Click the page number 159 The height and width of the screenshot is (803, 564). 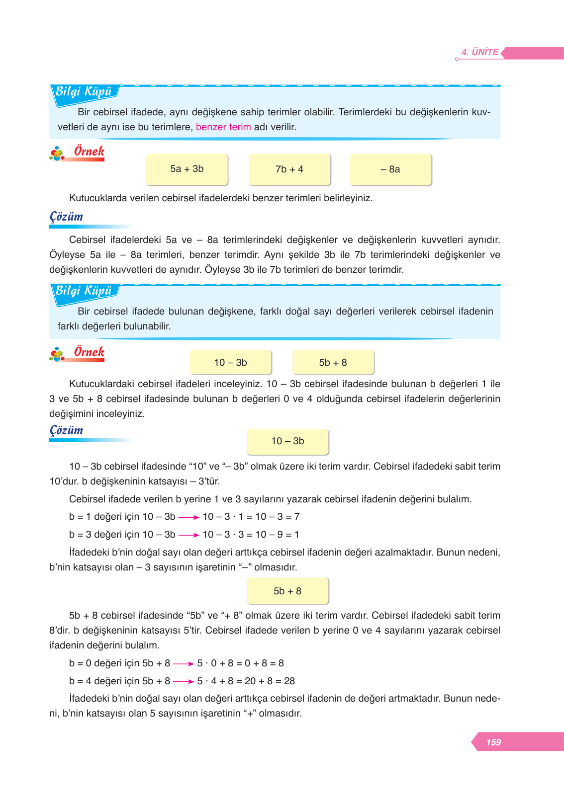(493, 742)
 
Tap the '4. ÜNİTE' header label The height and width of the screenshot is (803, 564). (479, 52)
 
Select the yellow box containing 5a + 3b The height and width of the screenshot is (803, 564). (187, 169)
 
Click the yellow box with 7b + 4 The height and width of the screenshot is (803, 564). (289, 169)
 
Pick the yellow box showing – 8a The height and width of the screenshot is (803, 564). (390, 169)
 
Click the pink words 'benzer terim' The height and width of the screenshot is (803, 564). (223, 127)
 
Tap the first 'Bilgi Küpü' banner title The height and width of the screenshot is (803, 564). (84, 92)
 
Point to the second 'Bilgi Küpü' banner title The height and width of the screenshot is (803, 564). (84, 291)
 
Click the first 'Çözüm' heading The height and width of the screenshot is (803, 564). (66, 217)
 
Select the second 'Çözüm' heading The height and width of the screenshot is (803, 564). (66, 430)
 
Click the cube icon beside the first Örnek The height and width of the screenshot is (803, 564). (57, 154)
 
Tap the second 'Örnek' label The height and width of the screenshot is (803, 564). (89, 352)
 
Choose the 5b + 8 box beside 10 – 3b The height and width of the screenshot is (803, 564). (333, 362)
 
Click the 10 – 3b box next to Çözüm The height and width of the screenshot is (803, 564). (287, 441)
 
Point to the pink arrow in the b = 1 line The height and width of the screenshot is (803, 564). (188, 517)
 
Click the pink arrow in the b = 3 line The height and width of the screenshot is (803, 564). (188, 535)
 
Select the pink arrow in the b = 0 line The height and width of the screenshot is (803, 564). (183, 664)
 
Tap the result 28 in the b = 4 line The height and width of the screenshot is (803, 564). (289, 681)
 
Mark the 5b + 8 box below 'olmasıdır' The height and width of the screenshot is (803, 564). (287, 591)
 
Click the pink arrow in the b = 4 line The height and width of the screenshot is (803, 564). (183, 682)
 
